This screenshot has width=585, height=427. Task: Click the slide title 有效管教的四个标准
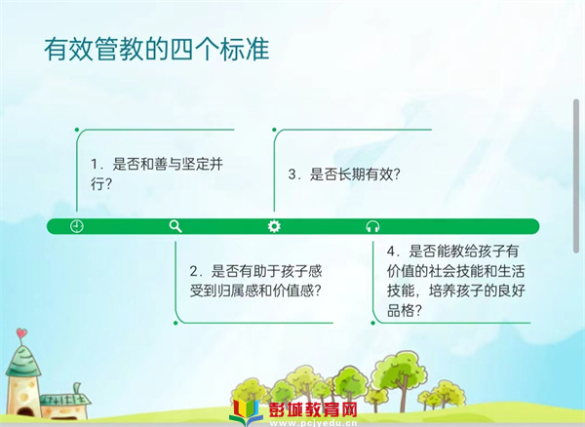(x=157, y=49)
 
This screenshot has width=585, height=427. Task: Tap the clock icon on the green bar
(x=77, y=226)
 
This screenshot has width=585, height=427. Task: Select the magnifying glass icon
(x=175, y=226)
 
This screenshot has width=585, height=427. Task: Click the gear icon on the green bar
(x=274, y=226)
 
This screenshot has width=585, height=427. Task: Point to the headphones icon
(x=372, y=226)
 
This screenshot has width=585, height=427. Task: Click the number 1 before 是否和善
(x=95, y=164)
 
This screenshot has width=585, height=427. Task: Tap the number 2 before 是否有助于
(x=194, y=271)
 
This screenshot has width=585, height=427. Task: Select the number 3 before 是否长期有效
(x=292, y=175)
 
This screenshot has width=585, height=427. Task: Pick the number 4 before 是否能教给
(x=391, y=251)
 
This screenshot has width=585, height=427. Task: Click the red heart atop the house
(x=21, y=332)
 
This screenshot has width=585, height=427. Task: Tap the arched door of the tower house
(x=25, y=412)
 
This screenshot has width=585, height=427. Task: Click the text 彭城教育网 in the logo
(x=313, y=410)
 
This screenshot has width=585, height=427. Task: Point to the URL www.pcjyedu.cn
(x=313, y=423)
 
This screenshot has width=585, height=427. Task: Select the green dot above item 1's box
(x=77, y=130)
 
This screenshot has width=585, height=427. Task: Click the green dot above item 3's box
(x=274, y=130)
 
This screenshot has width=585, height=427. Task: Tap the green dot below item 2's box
(x=175, y=323)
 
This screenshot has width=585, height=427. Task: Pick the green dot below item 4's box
(x=372, y=323)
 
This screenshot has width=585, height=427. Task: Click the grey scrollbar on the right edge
(x=576, y=176)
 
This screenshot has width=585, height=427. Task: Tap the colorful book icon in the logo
(x=246, y=412)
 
